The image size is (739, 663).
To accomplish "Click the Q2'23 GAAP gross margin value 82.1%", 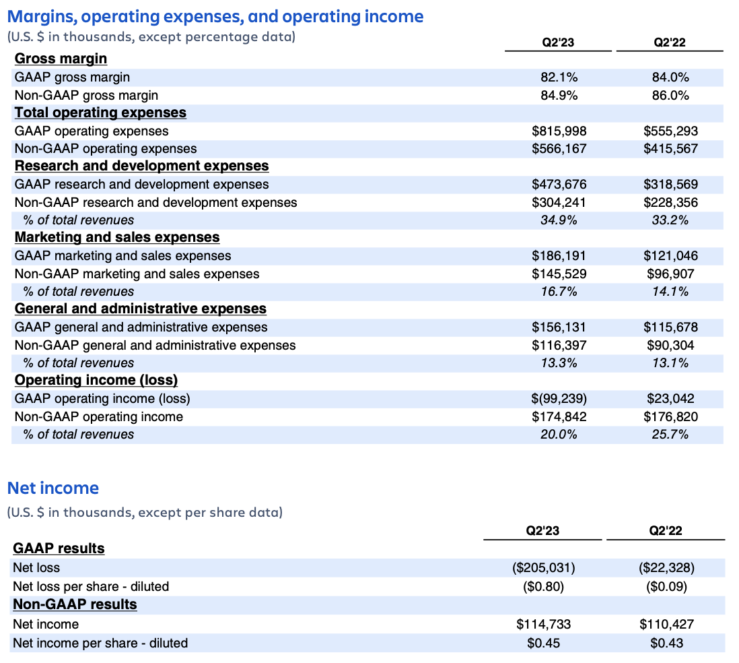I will click(x=559, y=77).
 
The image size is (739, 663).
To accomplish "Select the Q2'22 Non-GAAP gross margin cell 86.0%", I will click(x=670, y=96).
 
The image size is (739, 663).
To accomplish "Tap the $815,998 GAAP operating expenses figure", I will click(x=559, y=131).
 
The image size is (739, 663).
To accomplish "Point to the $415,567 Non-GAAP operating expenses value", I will click(x=670, y=149).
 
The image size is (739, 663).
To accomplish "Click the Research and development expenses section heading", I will click(x=141, y=166).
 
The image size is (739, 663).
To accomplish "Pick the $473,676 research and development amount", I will click(x=559, y=185).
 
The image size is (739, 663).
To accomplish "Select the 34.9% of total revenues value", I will click(x=559, y=220).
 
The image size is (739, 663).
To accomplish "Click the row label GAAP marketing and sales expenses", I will click(x=122, y=256).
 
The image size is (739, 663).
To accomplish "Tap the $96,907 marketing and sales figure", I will click(x=670, y=274).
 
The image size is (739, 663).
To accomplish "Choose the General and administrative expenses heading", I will click(x=140, y=309).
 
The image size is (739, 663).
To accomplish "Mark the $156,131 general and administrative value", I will click(x=559, y=327).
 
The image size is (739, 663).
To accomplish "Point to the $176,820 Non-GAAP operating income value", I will click(x=670, y=417).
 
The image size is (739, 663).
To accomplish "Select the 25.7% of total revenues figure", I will click(x=670, y=435).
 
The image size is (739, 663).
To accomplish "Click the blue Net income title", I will click(x=52, y=488).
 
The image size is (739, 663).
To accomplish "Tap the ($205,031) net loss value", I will click(x=543, y=568).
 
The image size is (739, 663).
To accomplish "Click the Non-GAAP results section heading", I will click(x=75, y=604).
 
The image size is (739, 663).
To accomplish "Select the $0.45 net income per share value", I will click(x=543, y=643).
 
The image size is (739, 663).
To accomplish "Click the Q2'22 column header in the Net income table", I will click(x=666, y=531).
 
